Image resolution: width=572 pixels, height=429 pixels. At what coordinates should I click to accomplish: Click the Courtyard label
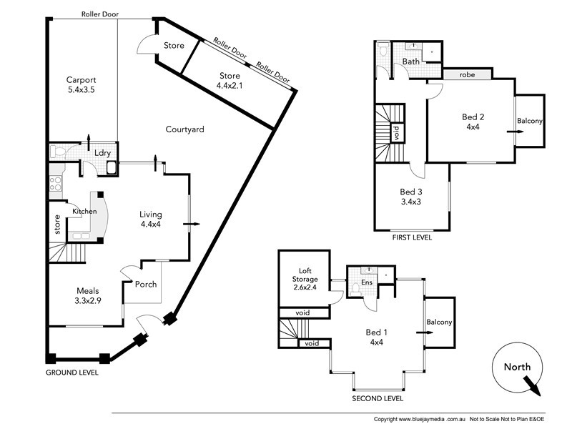click(185, 129)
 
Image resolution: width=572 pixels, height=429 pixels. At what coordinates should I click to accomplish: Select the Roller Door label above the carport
click(100, 14)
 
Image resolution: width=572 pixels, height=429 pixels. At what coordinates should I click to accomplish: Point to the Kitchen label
click(84, 211)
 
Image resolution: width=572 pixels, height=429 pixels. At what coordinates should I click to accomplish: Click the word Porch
click(146, 284)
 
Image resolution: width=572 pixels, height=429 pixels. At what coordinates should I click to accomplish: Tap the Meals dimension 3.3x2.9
click(88, 302)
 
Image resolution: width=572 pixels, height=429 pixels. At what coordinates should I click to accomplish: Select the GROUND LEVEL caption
click(72, 373)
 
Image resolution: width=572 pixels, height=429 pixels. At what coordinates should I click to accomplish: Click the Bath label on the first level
click(410, 61)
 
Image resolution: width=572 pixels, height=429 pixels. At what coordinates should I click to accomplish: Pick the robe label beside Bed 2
click(468, 74)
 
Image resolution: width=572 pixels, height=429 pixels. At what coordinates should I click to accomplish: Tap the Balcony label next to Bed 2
click(530, 122)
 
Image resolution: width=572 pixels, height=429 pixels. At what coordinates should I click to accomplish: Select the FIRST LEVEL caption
click(412, 237)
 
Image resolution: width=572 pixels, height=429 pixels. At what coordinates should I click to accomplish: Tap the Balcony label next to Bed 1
click(439, 322)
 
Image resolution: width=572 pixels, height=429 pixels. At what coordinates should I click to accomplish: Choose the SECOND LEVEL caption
click(377, 398)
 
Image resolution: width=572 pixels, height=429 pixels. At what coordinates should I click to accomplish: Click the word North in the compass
click(518, 367)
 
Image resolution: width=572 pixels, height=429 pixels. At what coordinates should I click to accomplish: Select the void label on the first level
click(396, 133)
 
